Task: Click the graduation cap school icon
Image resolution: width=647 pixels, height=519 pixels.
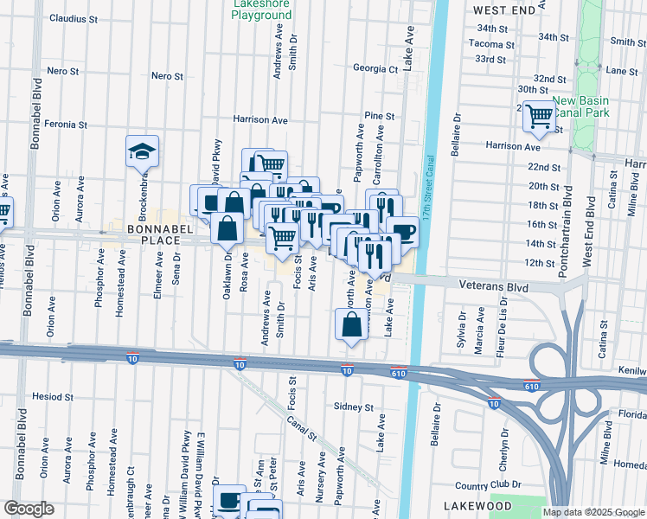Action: click(x=143, y=151)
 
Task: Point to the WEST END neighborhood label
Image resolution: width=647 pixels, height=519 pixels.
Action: click(x=505, y=9)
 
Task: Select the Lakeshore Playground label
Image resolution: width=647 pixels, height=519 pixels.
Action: click(x=261, y=10)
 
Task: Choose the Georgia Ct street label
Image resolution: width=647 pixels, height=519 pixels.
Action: click(x=375, y=68)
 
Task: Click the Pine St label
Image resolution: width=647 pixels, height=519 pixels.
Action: click(x=379, y=115)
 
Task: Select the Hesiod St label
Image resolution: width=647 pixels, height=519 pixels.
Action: click(x=53, y=396)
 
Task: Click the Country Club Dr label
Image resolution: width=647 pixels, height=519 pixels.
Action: click(x=484, y=486)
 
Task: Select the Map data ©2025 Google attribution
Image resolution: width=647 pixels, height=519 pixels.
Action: click(x=593, y=512)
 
